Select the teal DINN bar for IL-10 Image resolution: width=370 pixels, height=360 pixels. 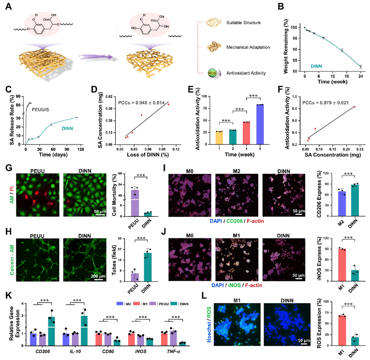pos(82,326)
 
